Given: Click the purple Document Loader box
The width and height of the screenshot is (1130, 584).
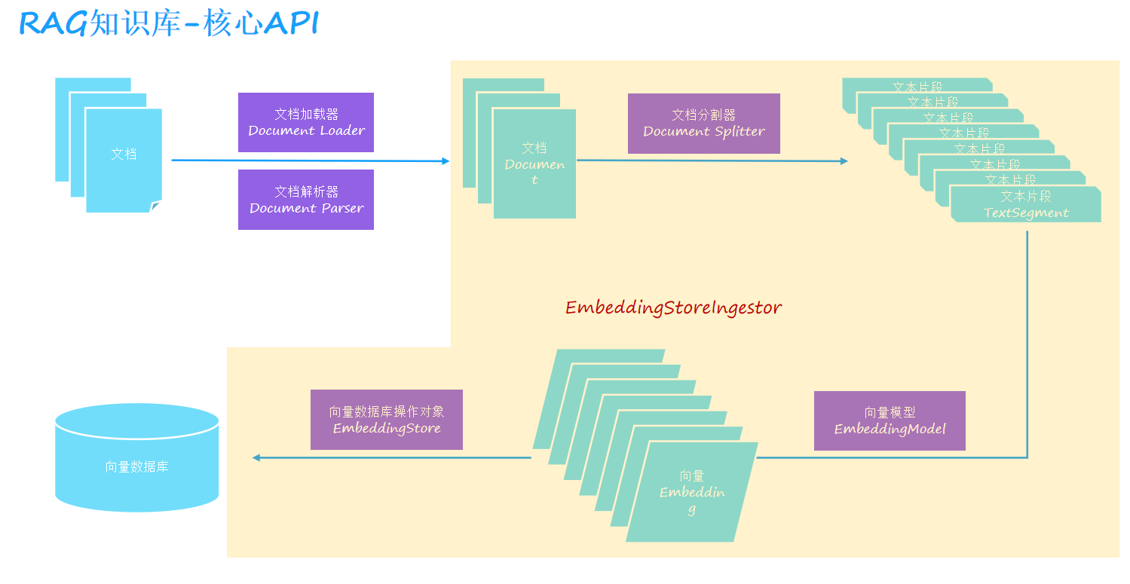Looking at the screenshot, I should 305,122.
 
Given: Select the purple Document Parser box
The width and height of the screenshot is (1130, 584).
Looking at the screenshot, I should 305,200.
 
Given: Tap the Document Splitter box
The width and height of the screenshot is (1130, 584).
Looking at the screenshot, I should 703,124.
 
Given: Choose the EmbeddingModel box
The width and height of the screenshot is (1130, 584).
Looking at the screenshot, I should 890,420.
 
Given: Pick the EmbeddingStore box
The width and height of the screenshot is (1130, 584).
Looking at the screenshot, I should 386,420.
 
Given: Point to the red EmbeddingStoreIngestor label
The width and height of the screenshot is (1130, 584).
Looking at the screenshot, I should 673,307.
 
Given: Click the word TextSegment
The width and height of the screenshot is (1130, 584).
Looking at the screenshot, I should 1026,213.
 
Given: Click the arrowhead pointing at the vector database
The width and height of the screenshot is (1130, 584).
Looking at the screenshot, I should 256,457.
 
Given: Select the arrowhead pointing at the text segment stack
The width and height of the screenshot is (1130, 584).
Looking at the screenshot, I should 844,161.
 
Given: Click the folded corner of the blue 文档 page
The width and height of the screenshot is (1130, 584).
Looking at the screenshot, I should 156,206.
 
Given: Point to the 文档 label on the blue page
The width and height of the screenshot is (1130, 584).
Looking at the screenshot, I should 124,154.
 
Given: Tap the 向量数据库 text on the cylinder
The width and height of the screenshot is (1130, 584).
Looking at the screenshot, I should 136,467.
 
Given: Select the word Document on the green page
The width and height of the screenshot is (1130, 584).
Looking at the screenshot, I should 534,164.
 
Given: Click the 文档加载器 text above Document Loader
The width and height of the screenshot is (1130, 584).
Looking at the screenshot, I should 306,114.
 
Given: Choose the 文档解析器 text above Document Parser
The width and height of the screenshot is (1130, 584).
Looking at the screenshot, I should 306,191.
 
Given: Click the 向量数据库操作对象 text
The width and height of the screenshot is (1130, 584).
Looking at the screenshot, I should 386,411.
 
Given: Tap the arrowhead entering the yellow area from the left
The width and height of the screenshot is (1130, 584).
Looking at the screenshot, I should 445,161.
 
